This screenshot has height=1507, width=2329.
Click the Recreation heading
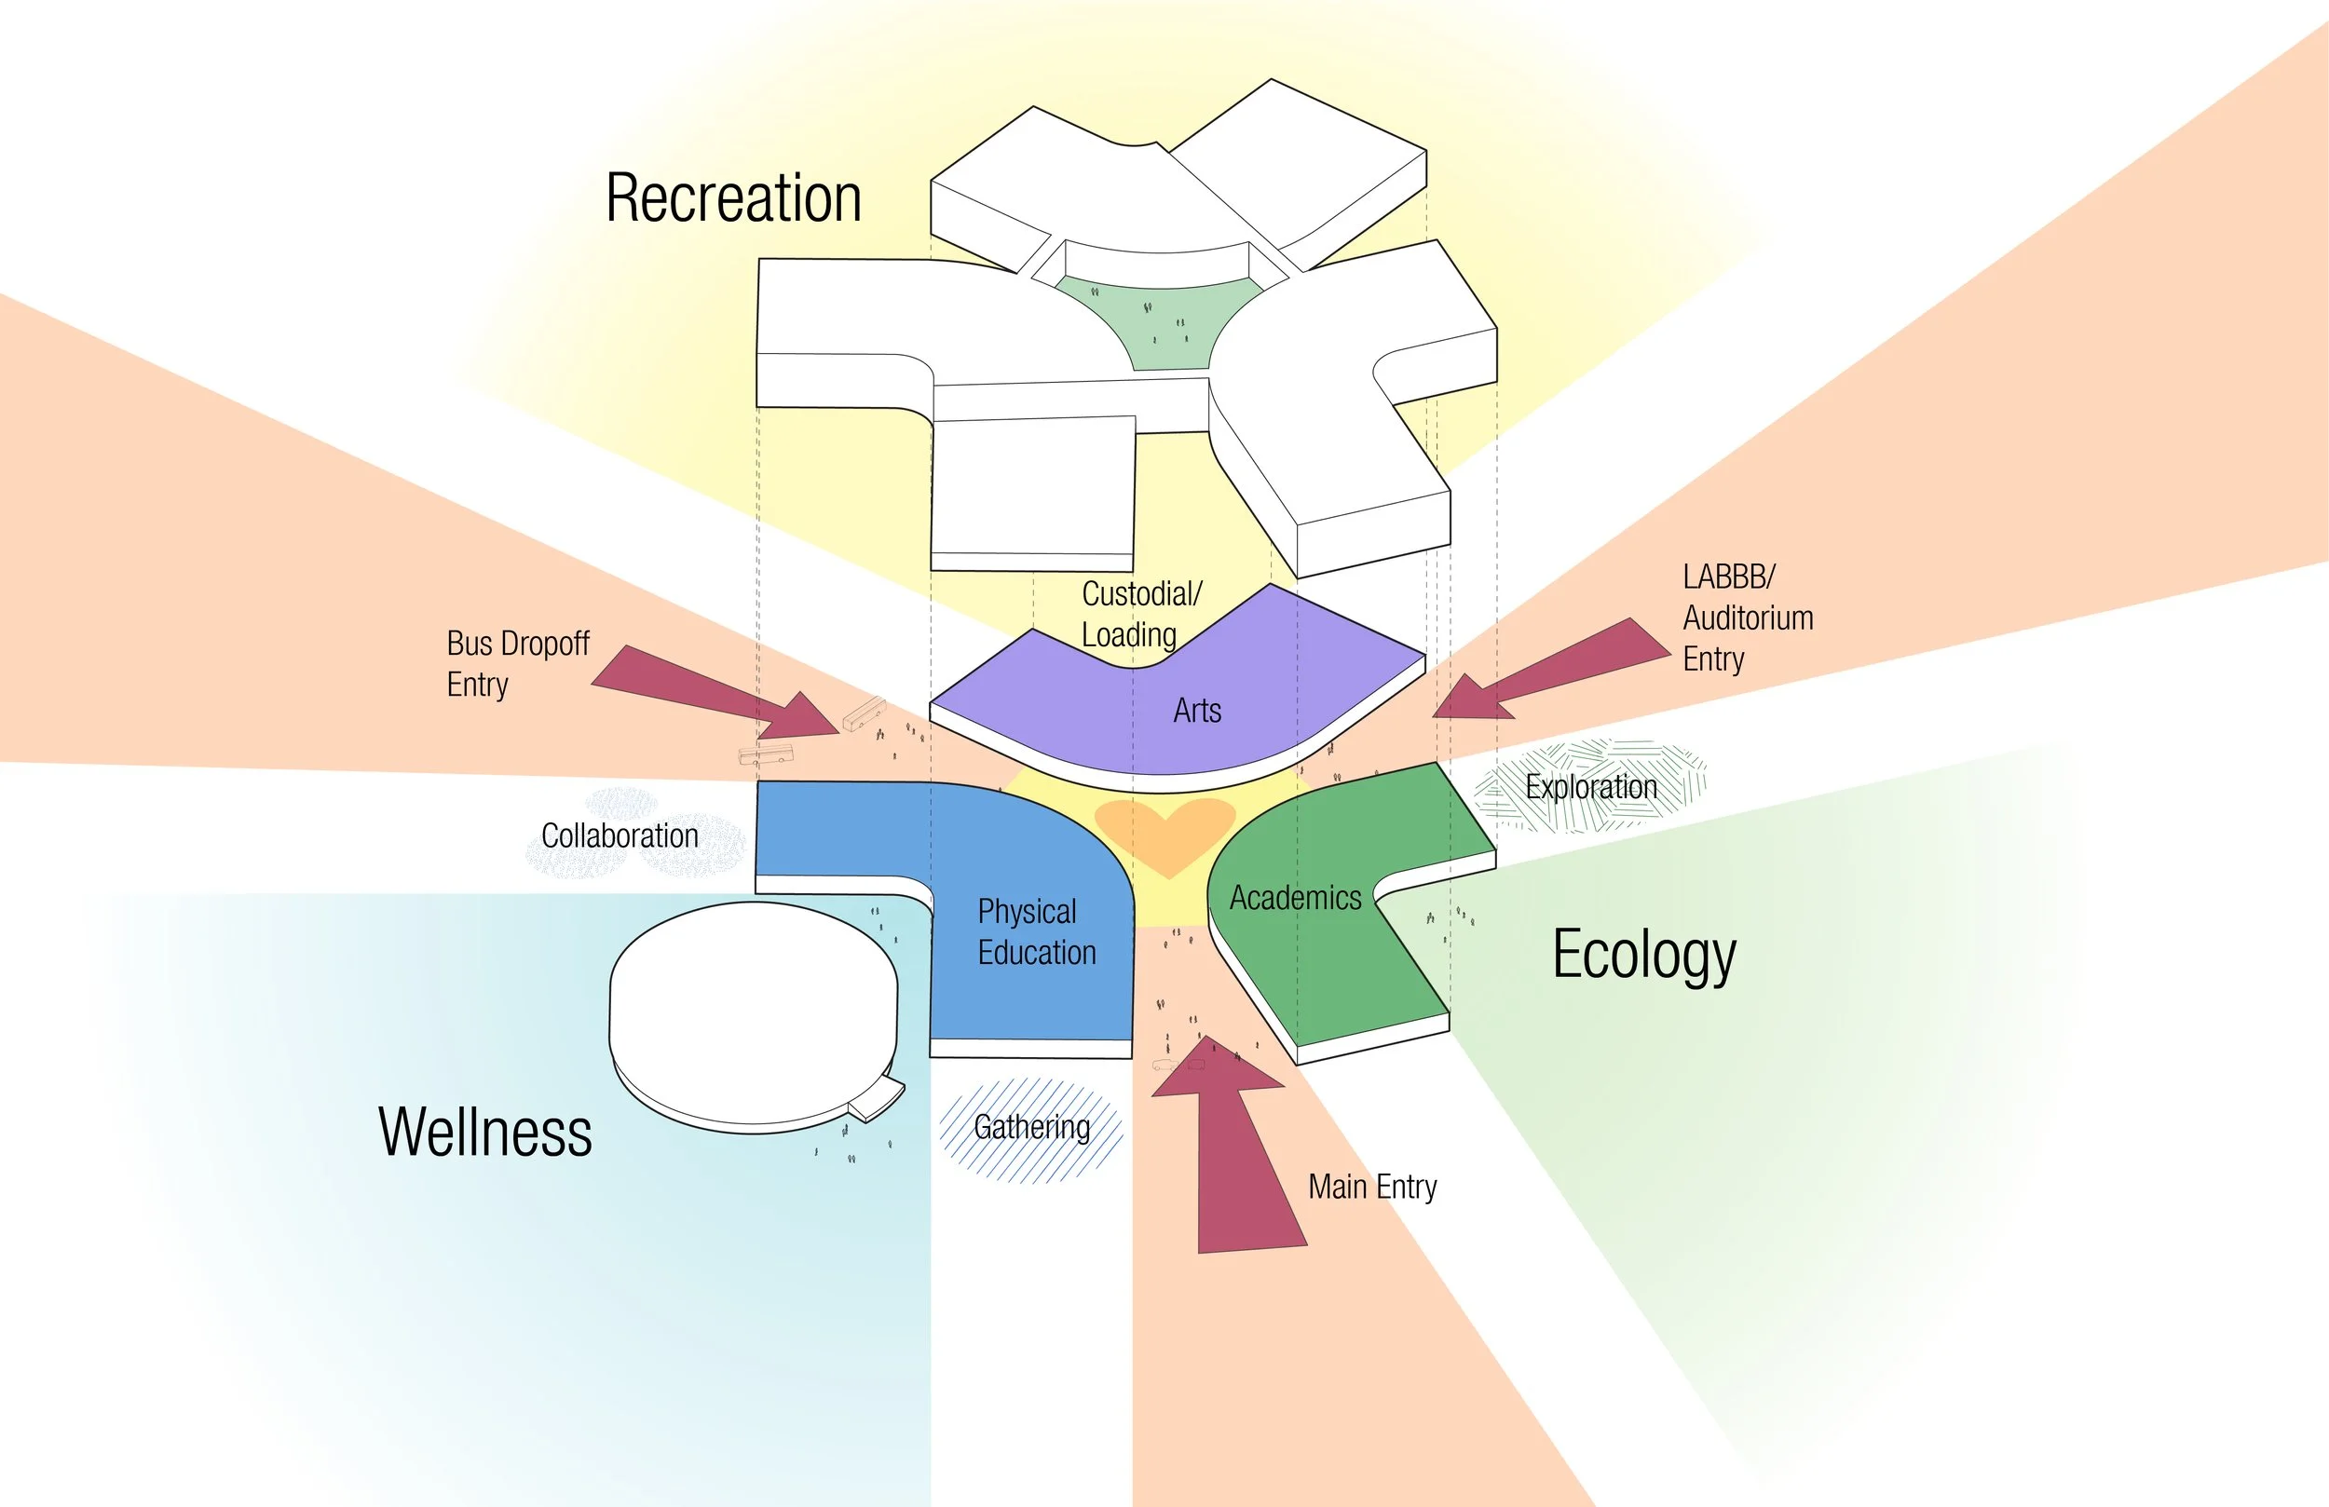point(733,198)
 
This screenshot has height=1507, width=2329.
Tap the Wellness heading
point(485,1133)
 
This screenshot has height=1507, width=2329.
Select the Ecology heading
point(1644,955)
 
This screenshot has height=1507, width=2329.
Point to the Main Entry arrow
point(1238,1155)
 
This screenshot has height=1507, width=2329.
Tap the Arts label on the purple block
point(1197,711)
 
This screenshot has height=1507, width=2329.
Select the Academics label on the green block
point(1295,898)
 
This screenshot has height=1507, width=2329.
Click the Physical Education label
point(1036,932)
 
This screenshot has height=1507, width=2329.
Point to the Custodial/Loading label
point(1140,615)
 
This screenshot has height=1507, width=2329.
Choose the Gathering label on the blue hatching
point(1031,1127)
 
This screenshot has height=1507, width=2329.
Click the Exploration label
point(1591,788)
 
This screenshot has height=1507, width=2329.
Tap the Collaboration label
point(620,836)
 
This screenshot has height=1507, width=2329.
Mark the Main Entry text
point(1372,1187)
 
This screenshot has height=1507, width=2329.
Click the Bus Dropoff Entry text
point(518,664)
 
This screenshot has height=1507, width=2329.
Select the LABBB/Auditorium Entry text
point(1748,618)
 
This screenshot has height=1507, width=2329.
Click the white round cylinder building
point(752,1012)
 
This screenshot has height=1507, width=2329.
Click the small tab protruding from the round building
point(876,1102)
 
